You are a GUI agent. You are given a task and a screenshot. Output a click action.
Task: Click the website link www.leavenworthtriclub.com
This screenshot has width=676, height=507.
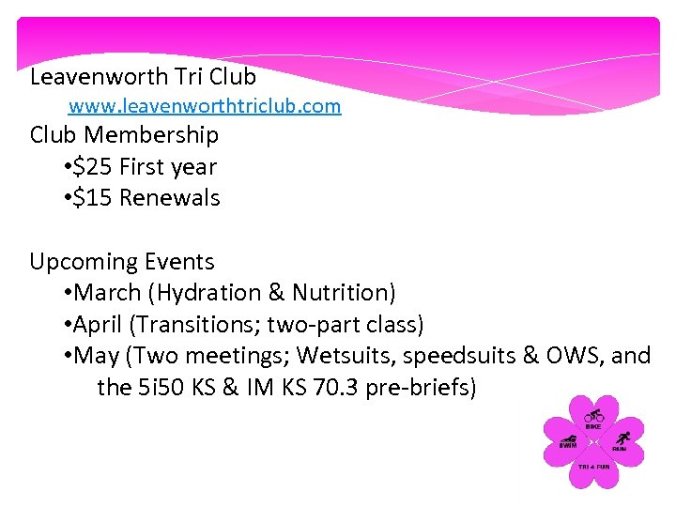[x=205, y=106]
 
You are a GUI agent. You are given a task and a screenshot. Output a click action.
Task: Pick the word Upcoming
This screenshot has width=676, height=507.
[x=84, y=262]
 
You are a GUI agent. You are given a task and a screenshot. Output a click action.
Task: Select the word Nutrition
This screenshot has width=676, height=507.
[x=343, y=293]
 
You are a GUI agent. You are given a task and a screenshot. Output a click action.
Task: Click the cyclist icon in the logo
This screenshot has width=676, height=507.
[x=593, y=415]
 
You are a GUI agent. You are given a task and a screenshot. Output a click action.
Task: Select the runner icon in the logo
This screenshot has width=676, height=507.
[x=621, y=438]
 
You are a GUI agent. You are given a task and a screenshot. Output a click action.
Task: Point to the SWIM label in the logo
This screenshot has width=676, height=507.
[x=567, y=446]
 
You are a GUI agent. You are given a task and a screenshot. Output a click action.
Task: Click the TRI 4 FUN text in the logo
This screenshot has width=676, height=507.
[x=593, y=467]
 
